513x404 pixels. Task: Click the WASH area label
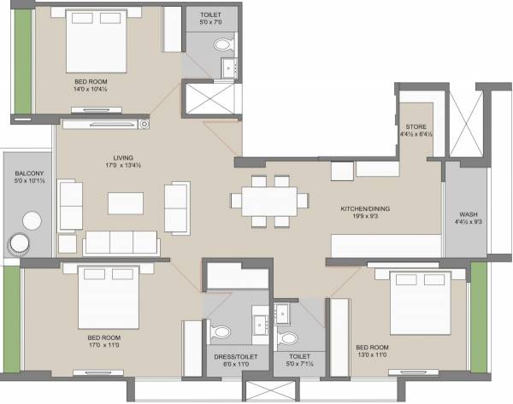click(x=468, y=214)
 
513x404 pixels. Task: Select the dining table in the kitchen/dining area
click(x=268, y=201)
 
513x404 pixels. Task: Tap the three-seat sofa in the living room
click(x=120, y=242)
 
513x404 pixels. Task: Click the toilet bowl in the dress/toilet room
click(x=221, y=331)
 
